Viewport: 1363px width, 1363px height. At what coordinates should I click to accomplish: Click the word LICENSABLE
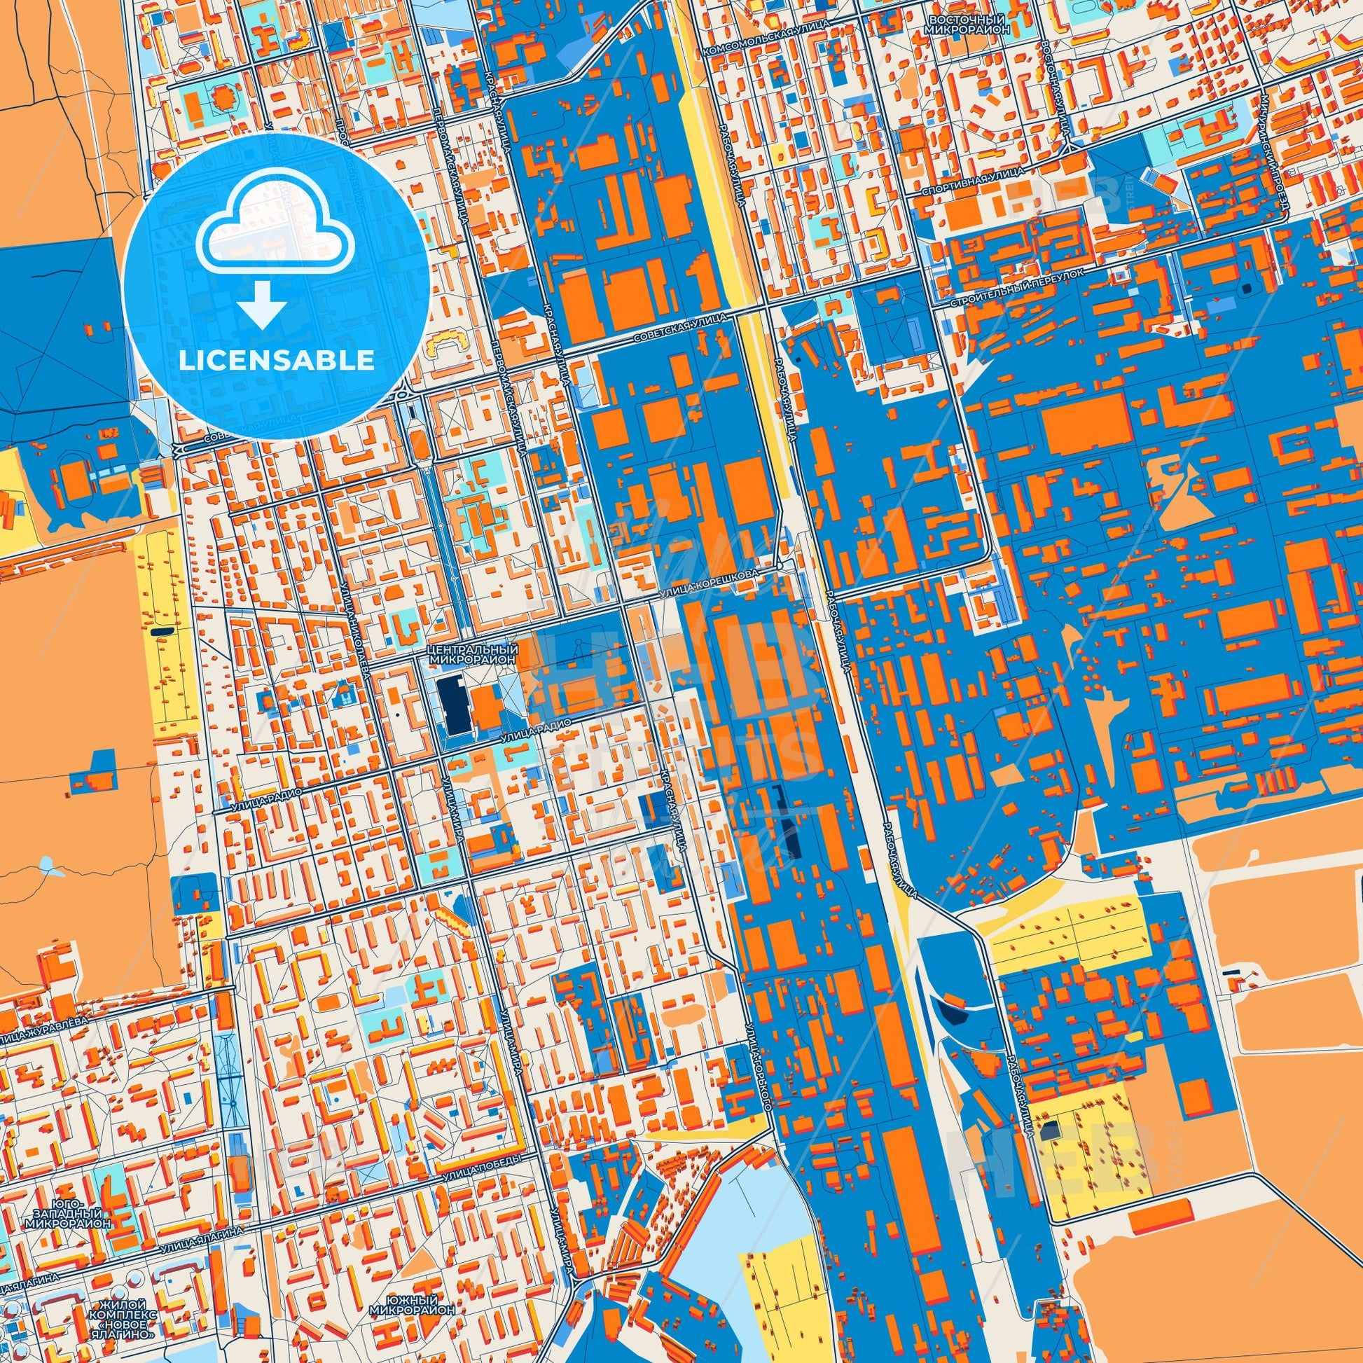[277, 360]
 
